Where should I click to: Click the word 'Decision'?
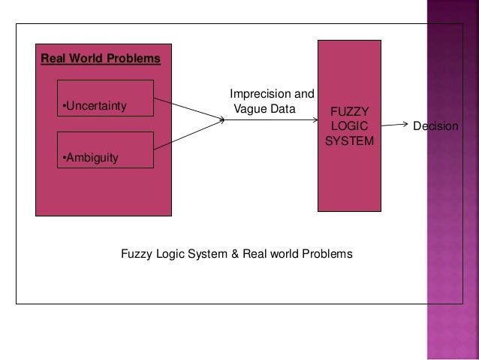click(x=435, y=126)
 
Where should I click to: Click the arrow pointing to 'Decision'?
click(x=396, y=125)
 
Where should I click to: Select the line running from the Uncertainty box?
click(x=188, y=107)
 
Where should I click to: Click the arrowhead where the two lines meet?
click(x=222, y=118)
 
